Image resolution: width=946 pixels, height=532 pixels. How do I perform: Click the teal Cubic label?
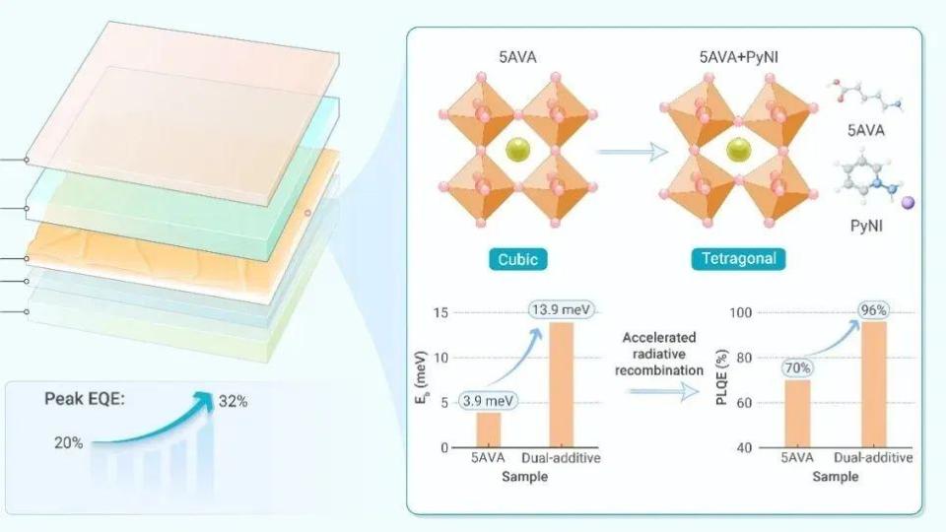click(x=517, y=259)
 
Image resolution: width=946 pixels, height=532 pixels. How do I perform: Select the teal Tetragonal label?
click(x=738, y=259)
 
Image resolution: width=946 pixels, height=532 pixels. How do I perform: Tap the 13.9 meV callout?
click(x=561, y=310)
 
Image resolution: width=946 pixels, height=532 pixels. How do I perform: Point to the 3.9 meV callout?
click(x=488, y=401)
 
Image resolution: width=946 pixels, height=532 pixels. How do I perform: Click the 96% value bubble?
click(x=874, y=310)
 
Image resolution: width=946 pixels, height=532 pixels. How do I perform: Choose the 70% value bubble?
click(x=797, y=367)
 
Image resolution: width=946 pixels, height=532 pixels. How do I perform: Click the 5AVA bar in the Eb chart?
click(x=488, y=431)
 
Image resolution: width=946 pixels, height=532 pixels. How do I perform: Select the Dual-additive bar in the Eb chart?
click(x=561, y=385)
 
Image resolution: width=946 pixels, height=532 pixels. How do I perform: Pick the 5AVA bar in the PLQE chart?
click(x=797, y=414)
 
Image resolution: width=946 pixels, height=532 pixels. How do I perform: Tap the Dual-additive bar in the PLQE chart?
click(x=874, y=384)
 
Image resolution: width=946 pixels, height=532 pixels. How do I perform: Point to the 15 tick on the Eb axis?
click(x=440, y=312)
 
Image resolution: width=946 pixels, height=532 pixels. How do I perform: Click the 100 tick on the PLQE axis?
click(x=740, y=312)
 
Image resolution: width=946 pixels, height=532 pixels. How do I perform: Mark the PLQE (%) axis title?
click(x=721, y=377)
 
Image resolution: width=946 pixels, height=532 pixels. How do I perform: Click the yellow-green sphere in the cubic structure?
click(x=517, y=150)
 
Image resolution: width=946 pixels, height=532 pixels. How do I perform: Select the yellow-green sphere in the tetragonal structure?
click(x=738, y=150)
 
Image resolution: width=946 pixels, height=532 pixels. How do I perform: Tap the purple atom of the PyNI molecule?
click(x=908, y=203)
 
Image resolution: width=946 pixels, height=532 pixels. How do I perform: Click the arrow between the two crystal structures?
click(x=633, y=152)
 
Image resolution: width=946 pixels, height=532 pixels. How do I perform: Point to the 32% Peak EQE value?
click(x=233, y=401)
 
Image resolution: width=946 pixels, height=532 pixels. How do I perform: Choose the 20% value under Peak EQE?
click(x=69, y=442)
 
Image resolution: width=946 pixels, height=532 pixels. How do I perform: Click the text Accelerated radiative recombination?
click(x=659, y=354)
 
